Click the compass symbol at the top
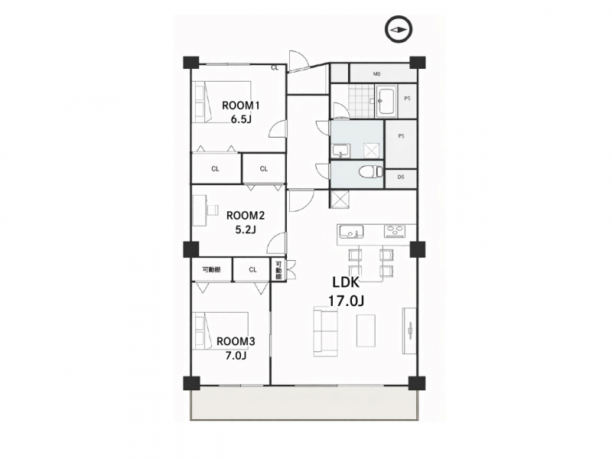click(398, 30)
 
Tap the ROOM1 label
click(241, 106)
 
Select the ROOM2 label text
click(246, 216)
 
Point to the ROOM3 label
click(236, 341)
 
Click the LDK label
click(346, 282)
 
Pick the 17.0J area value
click(346, 301)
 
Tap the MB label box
click(377, 73)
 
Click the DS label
click(401, 177)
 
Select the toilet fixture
click(370, 171)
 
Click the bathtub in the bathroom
click(386, 101)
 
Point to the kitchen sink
click(351, 232)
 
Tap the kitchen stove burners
click(396, 232)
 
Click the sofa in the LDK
click(326, 331)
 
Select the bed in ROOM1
click(221, 103)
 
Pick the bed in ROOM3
click(220, 333)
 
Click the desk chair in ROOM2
click(213, 210)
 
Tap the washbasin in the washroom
click(340, 151)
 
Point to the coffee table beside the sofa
click(366, 330)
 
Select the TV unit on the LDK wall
click(409, 331)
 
